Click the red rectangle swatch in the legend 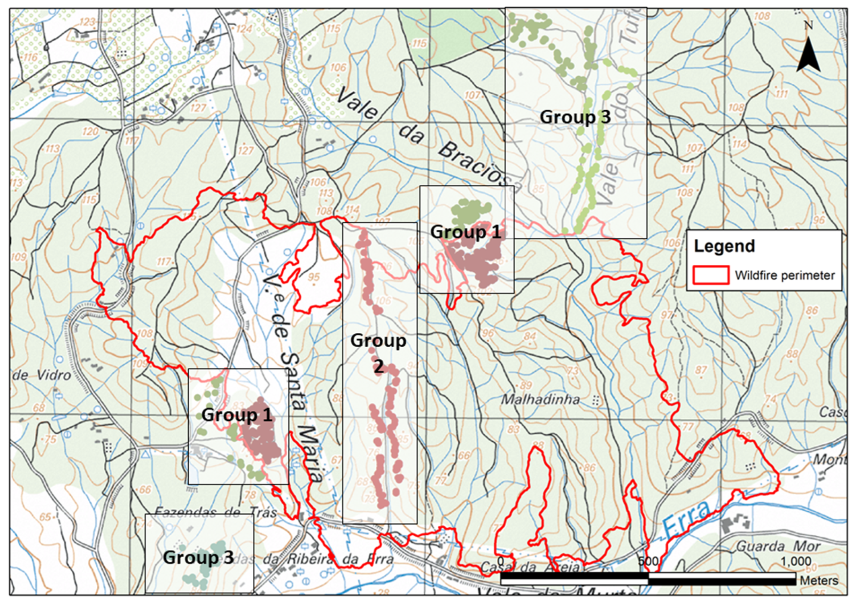[x=711, y=275]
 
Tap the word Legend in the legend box [x=724, y=246]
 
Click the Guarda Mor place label [x=778, y=546]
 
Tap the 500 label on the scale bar [x=648, y=562]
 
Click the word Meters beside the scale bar [x=819, y=580]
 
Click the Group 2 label [x=378, y=353]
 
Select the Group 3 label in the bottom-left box [x=198, y=558]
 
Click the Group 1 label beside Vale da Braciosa [x=465, y=232]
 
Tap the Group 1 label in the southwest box [x=237, y=415]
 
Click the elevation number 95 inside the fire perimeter [x=314, y=277]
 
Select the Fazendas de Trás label [x=216, y=512]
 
